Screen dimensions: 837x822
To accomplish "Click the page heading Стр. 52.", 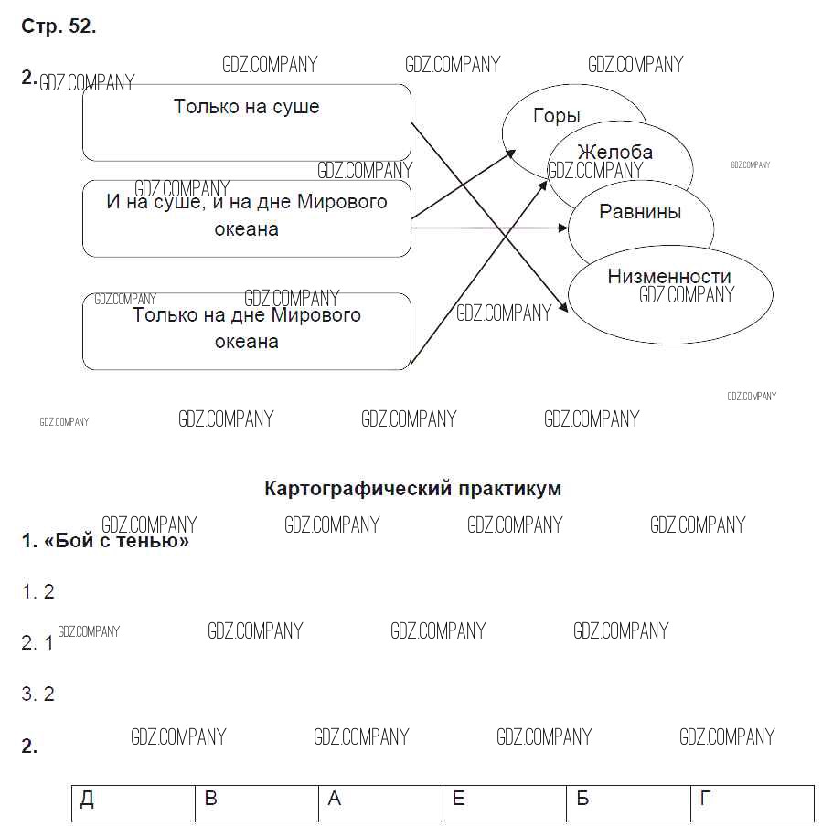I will pyautogui.click(x=59, y=27).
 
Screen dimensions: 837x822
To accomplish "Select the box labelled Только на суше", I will pyautogui.click(x=247, y=122).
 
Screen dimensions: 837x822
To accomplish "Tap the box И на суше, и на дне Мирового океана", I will pyautogui.click(x=247, y=217).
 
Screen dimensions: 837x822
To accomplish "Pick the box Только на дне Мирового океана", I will pyautogui.click(x=247, y=330).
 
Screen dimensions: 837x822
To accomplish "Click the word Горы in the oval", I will pyautogui.click(x=556, y=116).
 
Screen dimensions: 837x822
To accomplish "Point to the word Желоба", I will pyautogui.click(x=614, y=152).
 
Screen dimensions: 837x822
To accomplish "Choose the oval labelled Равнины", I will pyautogui.click(x=640, y=212).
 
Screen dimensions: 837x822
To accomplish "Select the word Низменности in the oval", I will pyautogui.click(x=669, y=276).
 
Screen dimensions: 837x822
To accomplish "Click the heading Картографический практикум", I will pyautogui.click(x=412, y=489).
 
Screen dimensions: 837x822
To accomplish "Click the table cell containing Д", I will pyautogui.click(x=133, y=801).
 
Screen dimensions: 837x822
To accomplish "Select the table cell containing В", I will pyautogui.click(x=256, y=801).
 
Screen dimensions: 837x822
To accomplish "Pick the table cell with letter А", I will pyautogui.click(x=379, y=801).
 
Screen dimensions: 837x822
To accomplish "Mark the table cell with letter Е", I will pyautogui.click(x=503, y=801).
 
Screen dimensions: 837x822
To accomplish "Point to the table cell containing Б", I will pyautogui.click(x=627, y=801).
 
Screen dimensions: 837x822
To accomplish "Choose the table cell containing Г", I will pyautogui.click(x=752, y=801).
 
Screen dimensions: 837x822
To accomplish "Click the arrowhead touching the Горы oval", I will pyautogui.click(x=512, y=156).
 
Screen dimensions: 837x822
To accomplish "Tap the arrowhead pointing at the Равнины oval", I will pyautogui.click(x=564, y=228).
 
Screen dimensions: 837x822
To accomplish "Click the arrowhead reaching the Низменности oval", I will pyautogui.click(x=564, y=310).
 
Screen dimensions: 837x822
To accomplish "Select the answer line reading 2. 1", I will pyautogui.click(x=37, y=643).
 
